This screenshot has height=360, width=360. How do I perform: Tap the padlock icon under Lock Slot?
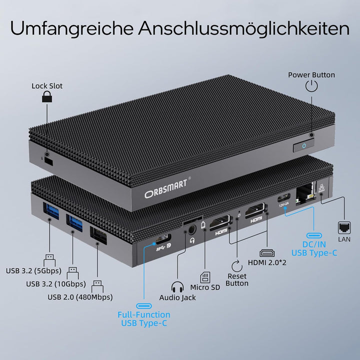pos(46,97)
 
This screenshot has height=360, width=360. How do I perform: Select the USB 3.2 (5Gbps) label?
pos(33,271)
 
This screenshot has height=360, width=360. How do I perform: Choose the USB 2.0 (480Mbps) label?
pos(80,297)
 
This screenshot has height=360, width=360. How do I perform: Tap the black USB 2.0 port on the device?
pos(97,235)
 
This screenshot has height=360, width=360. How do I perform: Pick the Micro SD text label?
pos(205,287)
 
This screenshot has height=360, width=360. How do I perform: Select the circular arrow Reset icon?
pos(237,264)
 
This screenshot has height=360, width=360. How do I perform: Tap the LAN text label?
pos(344,240)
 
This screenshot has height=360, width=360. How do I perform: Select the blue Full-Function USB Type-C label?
pos(144,318)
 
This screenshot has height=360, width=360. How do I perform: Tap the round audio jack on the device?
pos(190,231)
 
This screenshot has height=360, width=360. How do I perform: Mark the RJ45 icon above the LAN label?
pos(344,226)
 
